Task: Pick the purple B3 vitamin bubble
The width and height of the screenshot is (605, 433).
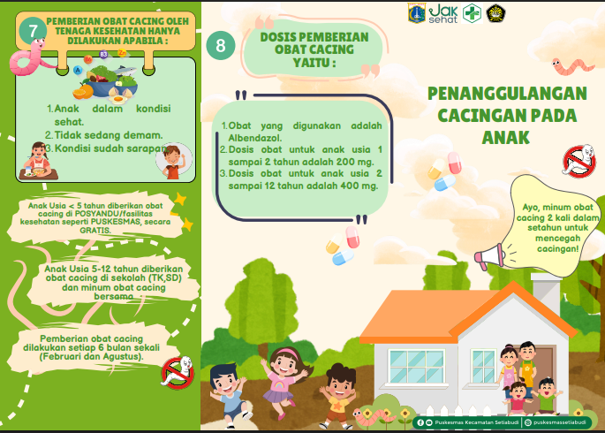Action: click(102, 55)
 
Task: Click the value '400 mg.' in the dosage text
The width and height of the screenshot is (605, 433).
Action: click(356, 186)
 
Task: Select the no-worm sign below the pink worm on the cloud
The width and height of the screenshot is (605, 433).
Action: click(579, 160)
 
